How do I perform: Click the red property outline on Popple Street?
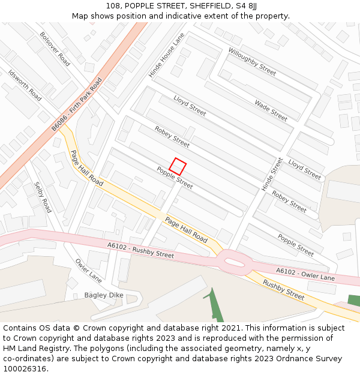(178, 166)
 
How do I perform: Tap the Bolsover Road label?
(55, 49)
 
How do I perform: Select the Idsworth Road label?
(25, 85)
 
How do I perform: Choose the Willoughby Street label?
(252, 62)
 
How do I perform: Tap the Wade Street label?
(271, 110)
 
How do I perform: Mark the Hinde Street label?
(272, 175)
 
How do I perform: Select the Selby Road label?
(43, 197)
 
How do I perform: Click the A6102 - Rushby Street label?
(140, 250)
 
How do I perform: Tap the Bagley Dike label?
(103, 295)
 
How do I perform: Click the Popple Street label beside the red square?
(175, 178)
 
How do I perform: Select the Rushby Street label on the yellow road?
(283, 289)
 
